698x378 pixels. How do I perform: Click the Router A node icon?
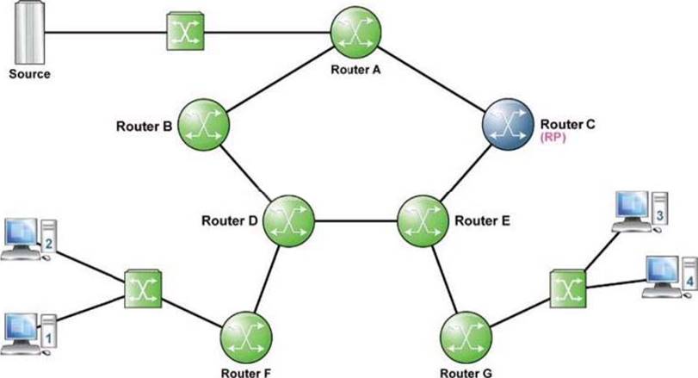pyautogui.click(x=355, y=32)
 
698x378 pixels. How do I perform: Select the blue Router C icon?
pyautogui.click(x=508, y=124)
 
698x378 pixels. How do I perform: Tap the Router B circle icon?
pyautogui.click(x=203, y=125)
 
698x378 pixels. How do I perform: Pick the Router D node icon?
pyautogui.click(x=289, y=220)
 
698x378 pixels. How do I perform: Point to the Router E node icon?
pyautogui.click(x=423, y=220)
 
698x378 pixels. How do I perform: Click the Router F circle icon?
pyautogui.click(x=246, y=338)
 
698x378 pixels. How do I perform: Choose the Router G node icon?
pyautogui.click(x=466, y=338)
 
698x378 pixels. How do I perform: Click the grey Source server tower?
pyautogui.click(x=30, y=33)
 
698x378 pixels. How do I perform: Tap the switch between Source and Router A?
pyautogui.click(x=185, y=32)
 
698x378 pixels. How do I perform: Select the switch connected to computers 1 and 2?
pyautogui.click(x=143, y=289)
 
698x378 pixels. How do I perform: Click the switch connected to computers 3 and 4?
pyautogui.click(x=567, y=289)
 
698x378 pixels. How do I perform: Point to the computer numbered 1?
pyautogui.click(x=29, y=334)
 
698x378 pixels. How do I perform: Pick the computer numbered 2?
pyautogui.click(x=29, y=239)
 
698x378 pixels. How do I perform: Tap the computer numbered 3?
pyautogui.click(x=640, y=212)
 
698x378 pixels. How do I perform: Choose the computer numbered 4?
pyautogui.click(x=670, y=277)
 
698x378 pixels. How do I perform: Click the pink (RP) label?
pyautogui.click(x=553, y=137)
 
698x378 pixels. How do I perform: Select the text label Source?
pyautogui.click(x=29, y=74)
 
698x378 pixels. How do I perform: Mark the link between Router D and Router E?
pyautogui.click(x=356, y=220)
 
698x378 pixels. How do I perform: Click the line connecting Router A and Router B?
pyautogui.click(x=280, y=78)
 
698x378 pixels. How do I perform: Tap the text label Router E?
pyautogui.click(x=482, y=220)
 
